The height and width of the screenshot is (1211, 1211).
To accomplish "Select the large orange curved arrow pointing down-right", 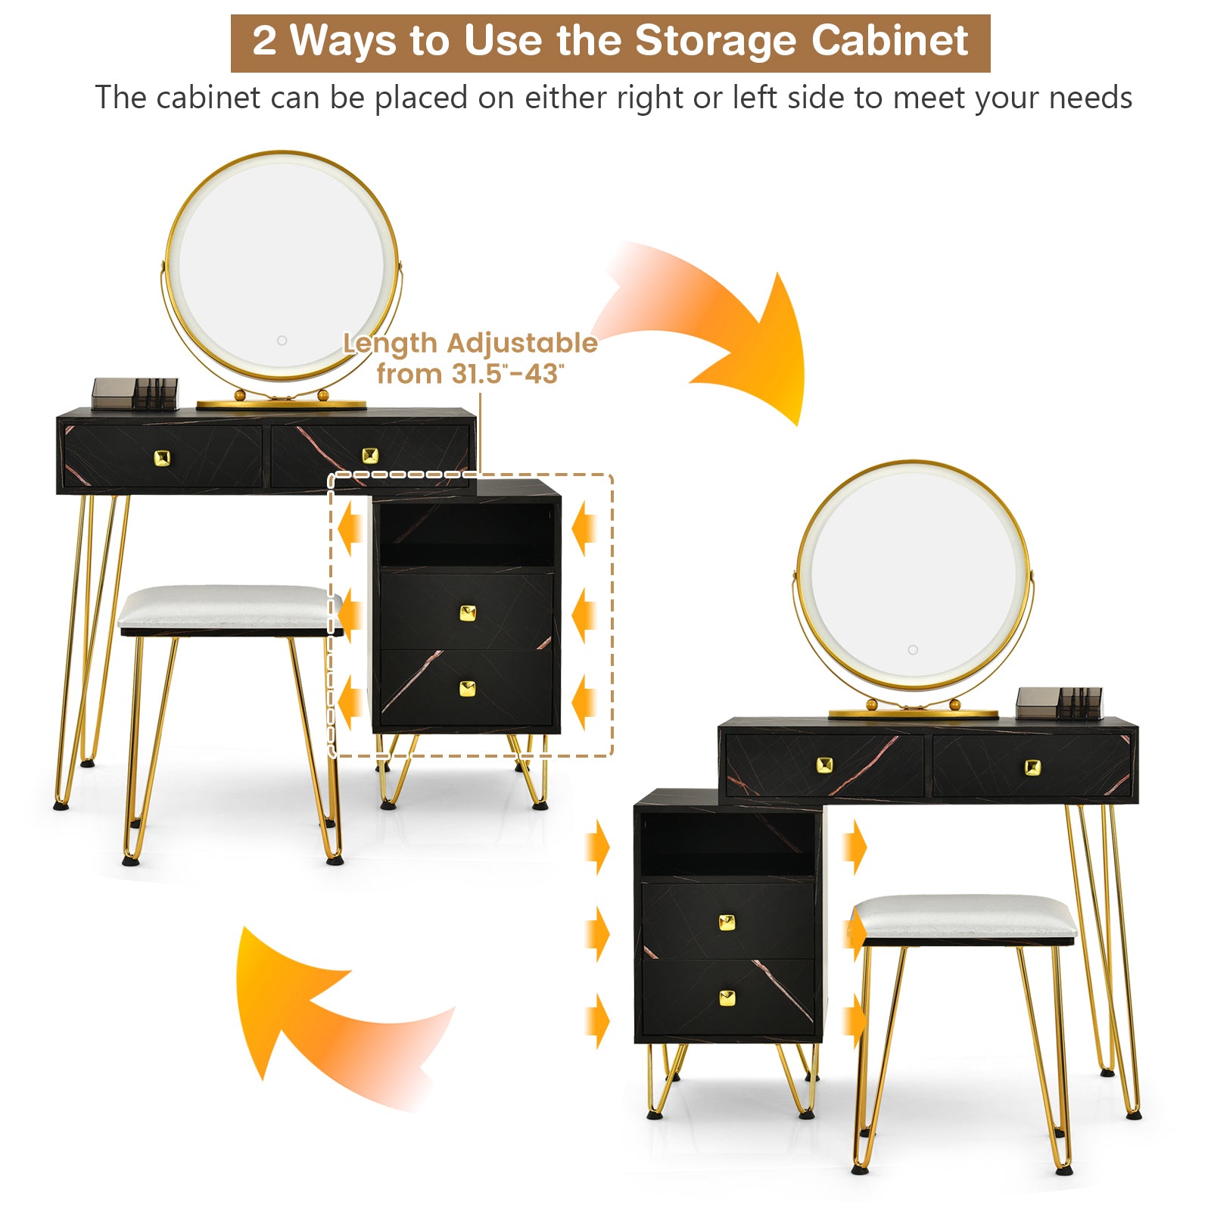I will pyautogui.click(x=727, y=333).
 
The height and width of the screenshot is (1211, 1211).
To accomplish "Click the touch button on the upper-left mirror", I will pyautogui.click(x=282, y=341).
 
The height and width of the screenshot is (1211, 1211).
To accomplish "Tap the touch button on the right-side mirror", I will pyautogui.click(x=913, y=650).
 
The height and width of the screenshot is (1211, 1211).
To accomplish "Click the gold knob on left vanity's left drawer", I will pyautogui.click(x=162, y=457).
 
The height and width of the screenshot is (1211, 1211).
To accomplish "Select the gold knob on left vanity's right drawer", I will pyautogui.click(x=369, y=455).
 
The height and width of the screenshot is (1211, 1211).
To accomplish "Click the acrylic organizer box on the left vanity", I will pyautogui.click(x=135, y=394).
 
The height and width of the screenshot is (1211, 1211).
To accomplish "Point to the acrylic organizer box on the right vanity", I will pyautogui.click(x=1058, y=702).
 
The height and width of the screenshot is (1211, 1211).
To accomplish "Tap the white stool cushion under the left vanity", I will pyautogui.click(x=227, y=605).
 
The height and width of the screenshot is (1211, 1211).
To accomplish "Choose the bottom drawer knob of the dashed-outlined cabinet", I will pyautogui.click(x=468, y=689).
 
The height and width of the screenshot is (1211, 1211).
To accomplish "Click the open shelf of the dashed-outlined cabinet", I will pyautogui.click(x=466, y=534).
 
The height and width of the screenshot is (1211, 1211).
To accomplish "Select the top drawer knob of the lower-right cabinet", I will pyautogui.click(x=727, y=923).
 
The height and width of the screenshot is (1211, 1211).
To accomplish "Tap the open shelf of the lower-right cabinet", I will pyautogui.click(x=727, y=844).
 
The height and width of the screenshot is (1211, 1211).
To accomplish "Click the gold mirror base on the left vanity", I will pyautogui.click(x=282, y=404).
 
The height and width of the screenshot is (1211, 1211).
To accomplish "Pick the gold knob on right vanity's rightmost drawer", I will pyautogui.click(x=1032, y=767).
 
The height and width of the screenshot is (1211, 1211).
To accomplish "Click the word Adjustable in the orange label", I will pyautogui.click(x=522, y=343).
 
